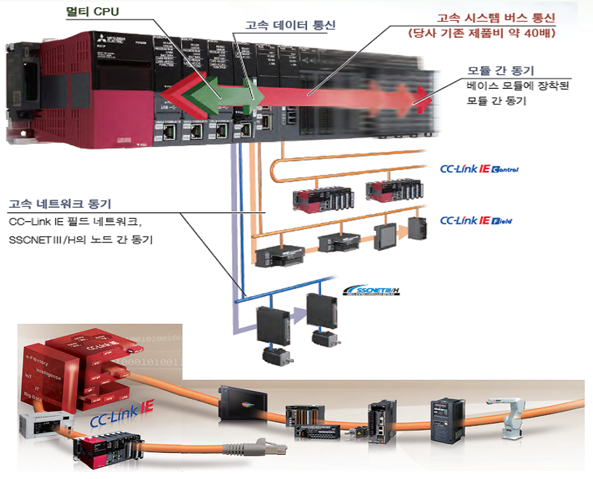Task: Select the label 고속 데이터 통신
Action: (290, 25)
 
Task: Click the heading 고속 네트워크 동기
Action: (60, 204)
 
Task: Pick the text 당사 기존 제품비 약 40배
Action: (490, 32)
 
